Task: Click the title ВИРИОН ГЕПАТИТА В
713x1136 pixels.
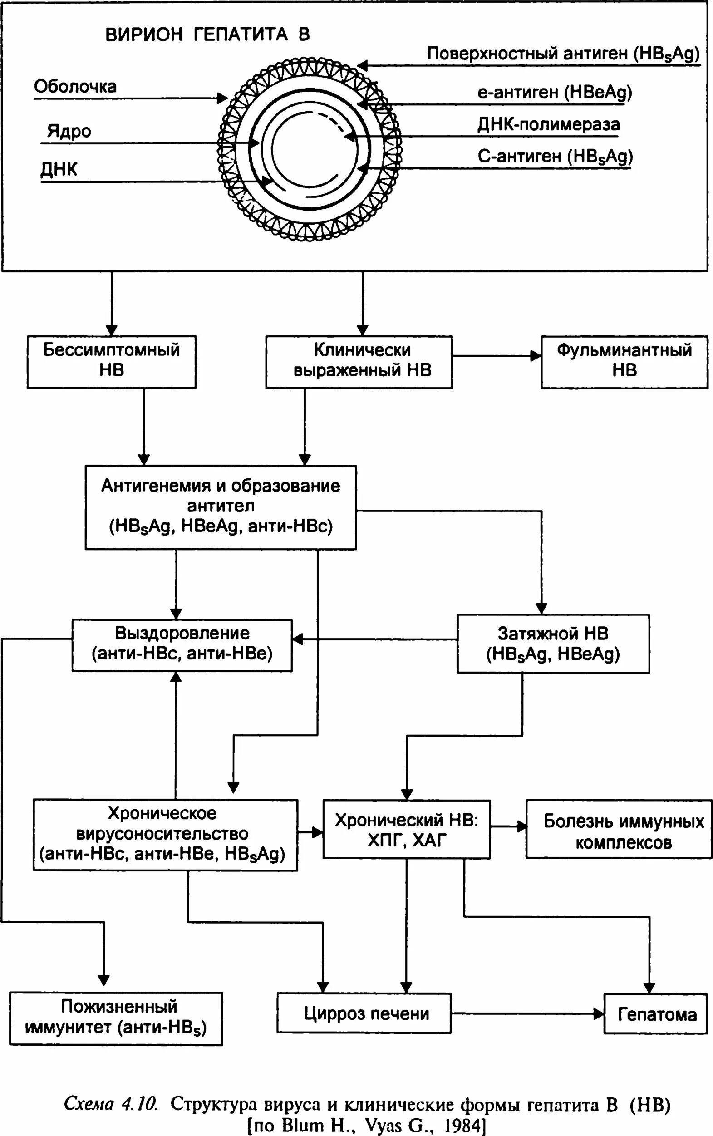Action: (x=207, y=35)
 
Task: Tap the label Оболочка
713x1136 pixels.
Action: (x=75, y=87)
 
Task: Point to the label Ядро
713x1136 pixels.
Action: (x=69, y=131)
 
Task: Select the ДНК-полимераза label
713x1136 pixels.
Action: (x=548, y=125)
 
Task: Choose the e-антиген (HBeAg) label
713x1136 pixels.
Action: (x=555, y=93)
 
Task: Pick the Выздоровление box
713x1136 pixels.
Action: (x=182, y=644)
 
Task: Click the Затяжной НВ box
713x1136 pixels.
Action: (x=553, y=643)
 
